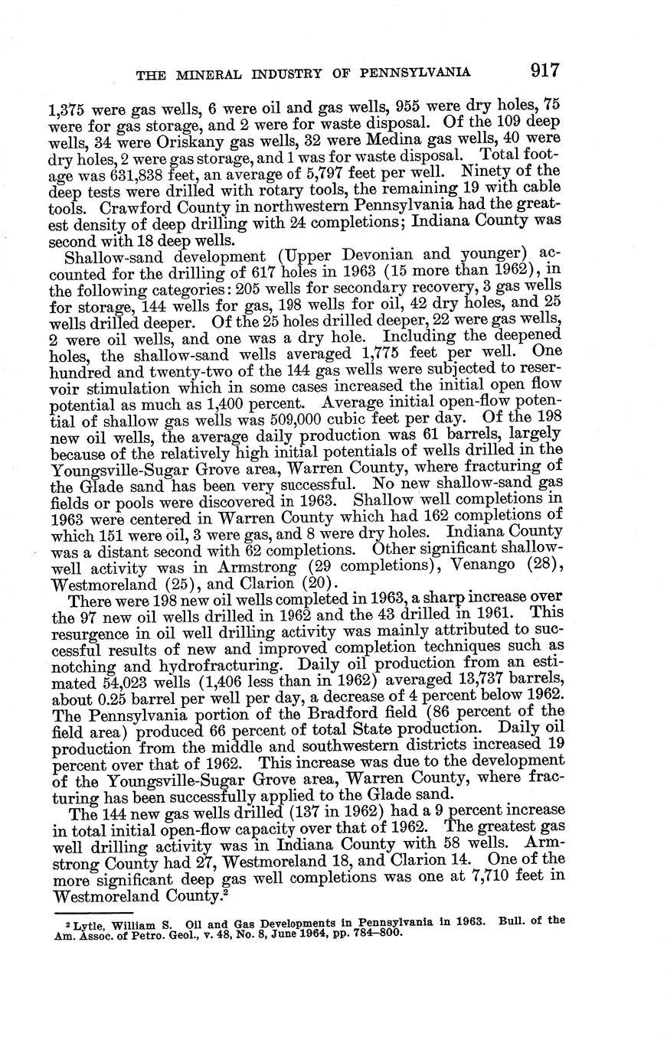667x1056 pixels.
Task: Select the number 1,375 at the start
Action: coord(67,108)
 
